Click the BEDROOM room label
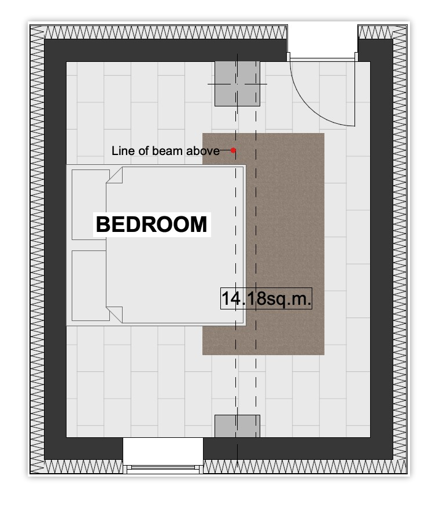(x=152, y=224)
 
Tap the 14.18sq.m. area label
(x=266, y=298)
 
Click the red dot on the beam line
(x=233, y=150)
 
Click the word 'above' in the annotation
(x=203, y=151)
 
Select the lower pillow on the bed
(x=90, y=285)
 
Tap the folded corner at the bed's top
(x=115, y=175)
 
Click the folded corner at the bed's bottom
(x=115, y=314)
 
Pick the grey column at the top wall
(x=237, y=84)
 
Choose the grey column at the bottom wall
(x=237, y=426)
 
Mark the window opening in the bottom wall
(x=163, y=455)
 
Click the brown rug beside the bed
(x=286, y=244)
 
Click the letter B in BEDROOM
(x=103, y=224)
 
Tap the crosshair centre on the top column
(x=237, y=84)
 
